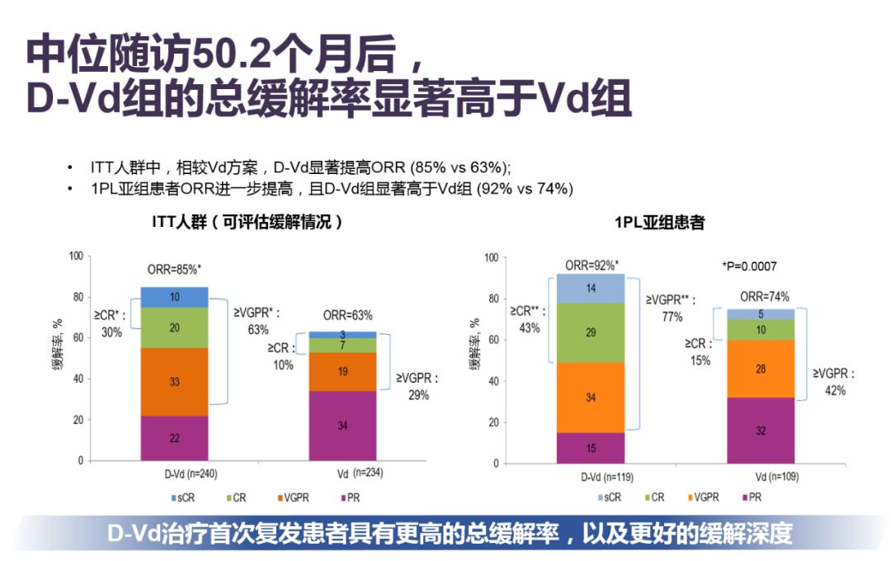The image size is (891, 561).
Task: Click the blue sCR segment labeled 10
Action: [174, 297]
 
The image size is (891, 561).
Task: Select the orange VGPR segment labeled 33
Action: [174, 382]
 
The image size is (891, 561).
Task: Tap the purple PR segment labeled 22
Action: [174, 438]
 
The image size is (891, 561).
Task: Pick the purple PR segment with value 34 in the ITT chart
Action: [342, 426]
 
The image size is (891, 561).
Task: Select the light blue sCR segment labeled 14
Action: [592, 289]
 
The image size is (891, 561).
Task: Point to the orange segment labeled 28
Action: [760, 369]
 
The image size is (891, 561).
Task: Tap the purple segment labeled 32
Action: [760, 431]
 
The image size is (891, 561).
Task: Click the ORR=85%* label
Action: [174, 271]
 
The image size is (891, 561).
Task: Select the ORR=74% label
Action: [764, 296]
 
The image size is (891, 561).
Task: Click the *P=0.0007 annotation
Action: [749, 266]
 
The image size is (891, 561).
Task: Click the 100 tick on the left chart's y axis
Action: [74, 257]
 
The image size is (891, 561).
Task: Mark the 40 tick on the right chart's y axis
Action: [492, 381]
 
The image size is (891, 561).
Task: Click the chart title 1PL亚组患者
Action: [659, 223]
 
